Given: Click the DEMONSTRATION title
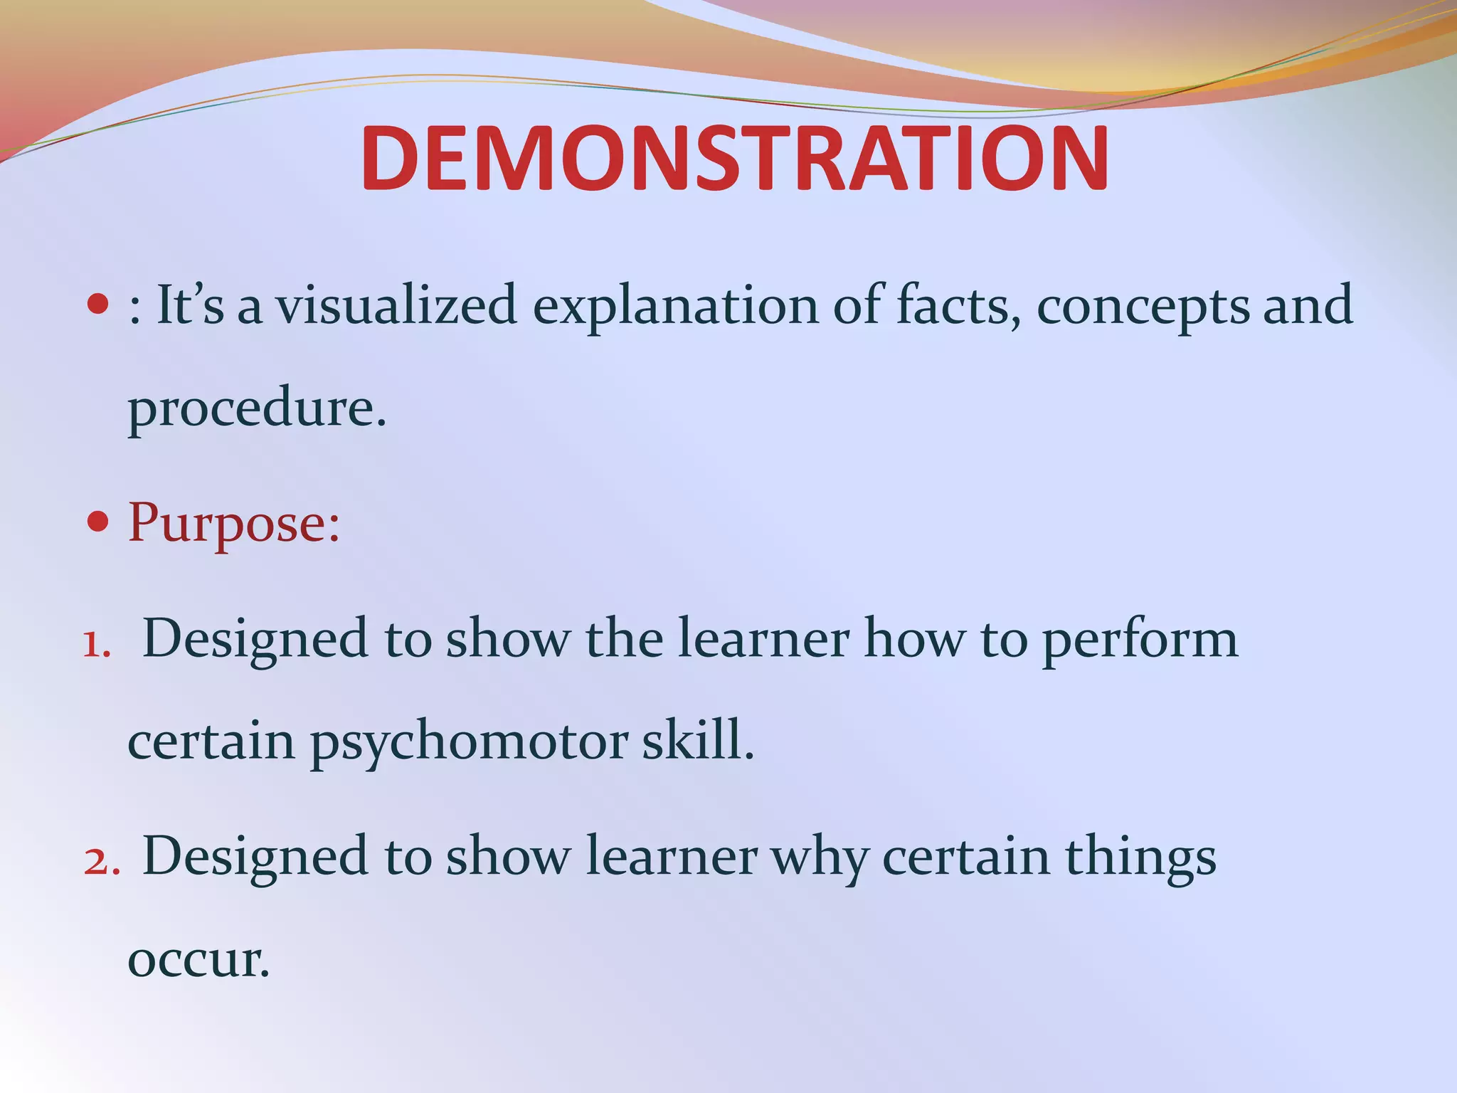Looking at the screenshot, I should click(734, 159).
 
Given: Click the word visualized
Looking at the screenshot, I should click(397, 305).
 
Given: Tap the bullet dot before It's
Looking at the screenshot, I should click(97, 305).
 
